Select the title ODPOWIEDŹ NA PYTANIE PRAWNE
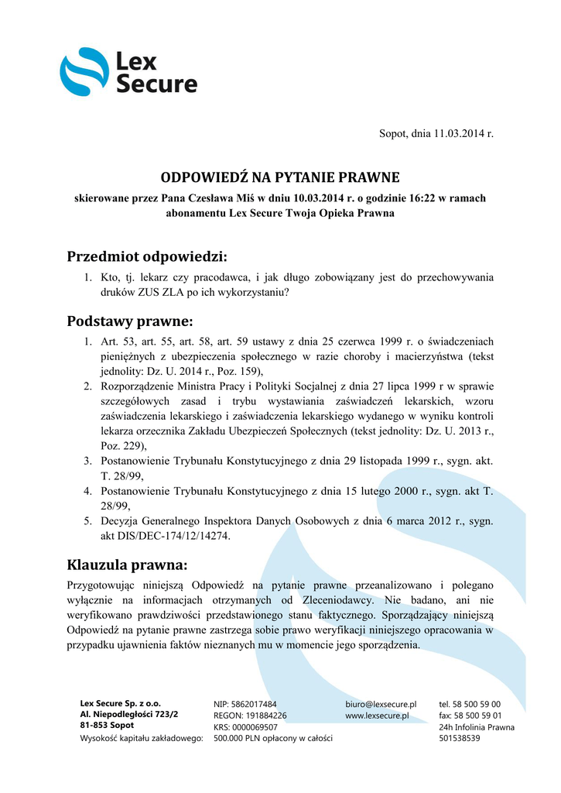279,177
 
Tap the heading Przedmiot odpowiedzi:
147,256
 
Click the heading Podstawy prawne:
130,321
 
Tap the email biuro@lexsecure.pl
381,704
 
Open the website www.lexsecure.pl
377,716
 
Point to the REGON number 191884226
264,716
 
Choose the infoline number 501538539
460,739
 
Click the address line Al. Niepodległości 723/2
129,714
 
